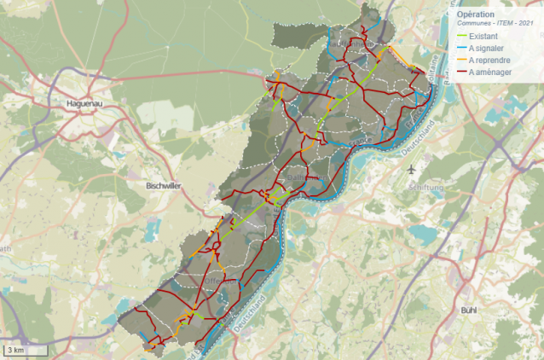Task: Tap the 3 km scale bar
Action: pos(25,350)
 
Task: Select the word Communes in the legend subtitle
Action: pos(473,25)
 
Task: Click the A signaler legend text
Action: pos(487,49)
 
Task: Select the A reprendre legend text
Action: pos(489,61)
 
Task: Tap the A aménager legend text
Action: pos(489,73)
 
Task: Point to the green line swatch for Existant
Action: pos(461,37)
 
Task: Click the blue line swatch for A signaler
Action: pos(461,49)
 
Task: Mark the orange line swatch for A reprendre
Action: pos(461,61)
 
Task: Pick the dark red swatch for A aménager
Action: pos(461,73)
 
